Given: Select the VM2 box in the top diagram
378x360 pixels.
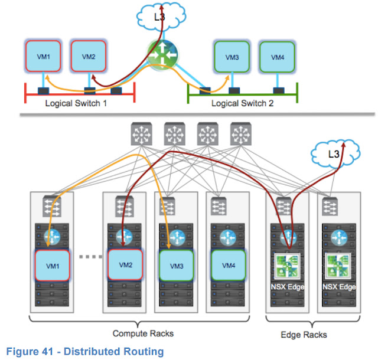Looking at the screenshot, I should coord(88,57).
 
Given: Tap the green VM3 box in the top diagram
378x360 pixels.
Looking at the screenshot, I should coord(232,58).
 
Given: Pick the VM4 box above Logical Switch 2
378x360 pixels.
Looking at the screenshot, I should coord(277,58).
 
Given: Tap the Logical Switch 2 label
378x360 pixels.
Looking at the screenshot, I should coord(243,103).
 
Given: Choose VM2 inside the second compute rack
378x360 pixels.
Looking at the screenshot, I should coord(125,266).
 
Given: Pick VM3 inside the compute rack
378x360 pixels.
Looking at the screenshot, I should coord(177,266).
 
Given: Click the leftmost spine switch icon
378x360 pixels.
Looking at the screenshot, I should coord(142,135).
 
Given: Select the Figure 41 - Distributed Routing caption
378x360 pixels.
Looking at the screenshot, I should coord(84,352).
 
